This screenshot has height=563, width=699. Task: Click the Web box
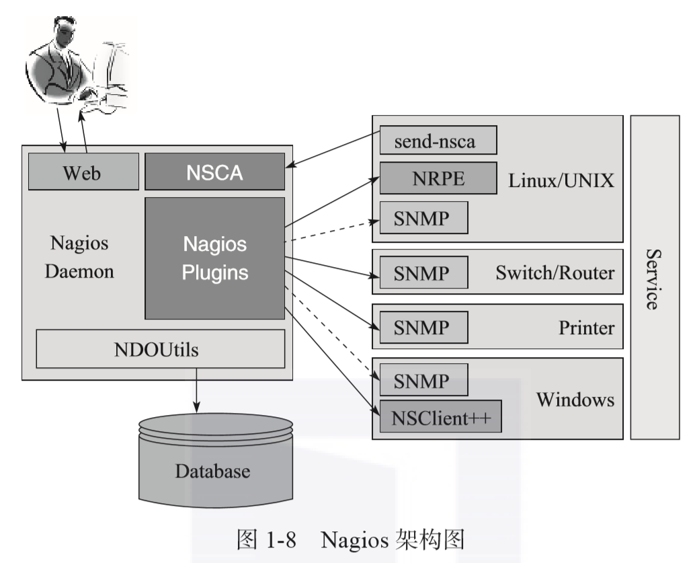(x=83, y=172)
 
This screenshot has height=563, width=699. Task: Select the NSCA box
(x=214, y=172)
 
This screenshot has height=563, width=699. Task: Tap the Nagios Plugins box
(x=214, y=258)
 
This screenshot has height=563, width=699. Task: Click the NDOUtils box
(x=160, y=349)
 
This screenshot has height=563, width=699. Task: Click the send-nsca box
(x=438, y=140)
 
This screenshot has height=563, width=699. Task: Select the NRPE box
(x=438, y=178)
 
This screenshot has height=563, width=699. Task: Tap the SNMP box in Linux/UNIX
(x=423, y=217)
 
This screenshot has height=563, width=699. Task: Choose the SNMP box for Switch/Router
(x=423, y=272)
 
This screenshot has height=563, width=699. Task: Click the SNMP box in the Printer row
(x=423, y=328)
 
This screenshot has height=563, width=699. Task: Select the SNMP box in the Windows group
(x=423, y=381)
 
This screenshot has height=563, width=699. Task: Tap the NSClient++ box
(x=441, y=419)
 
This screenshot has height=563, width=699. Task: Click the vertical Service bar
(x=655, y=277)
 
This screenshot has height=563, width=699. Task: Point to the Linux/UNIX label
(x=562, y=180)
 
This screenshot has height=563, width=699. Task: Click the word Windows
(x=575, y=400)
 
